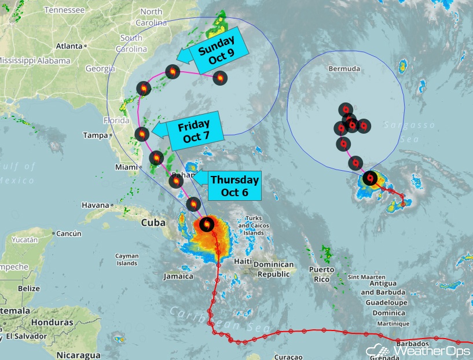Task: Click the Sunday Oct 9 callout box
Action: [x=218, y=52]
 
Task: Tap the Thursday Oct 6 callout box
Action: [x=235, y=186]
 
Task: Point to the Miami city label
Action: [x=126, y=167]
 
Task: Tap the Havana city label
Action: [x=95, y=205]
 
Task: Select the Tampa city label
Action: [x=95, y=135]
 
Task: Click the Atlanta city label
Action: [x=69, y=46]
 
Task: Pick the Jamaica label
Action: [x=178, y=276]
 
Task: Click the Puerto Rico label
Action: [x=321, y=274]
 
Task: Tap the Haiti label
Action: [x=243, y=261]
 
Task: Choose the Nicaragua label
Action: [x=79, y=355]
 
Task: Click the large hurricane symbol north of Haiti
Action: [x=206, y=224]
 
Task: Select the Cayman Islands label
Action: [x=127, y=259]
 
